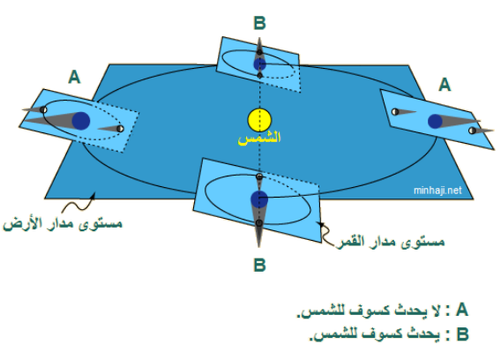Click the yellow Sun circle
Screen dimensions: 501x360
[259, 120]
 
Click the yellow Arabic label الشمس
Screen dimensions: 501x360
[259, 139]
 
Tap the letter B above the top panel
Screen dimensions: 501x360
[260, 23]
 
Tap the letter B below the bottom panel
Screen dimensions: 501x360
[260, 265]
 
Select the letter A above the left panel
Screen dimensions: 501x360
[74, 77]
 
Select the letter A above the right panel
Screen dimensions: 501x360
[445, 85]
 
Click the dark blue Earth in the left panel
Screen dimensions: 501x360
[81, 121]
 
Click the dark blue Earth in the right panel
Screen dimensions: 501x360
[435, 122]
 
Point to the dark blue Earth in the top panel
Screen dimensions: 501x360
[260, 64]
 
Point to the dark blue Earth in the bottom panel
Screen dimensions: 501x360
[259, 199]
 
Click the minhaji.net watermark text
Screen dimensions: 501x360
[437, 191]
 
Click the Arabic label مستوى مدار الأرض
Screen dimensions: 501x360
[63, 222]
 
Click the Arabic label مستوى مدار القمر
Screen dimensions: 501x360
[391, 241]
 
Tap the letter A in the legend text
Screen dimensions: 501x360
[461, 310]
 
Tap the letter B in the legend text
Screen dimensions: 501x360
[462, 334]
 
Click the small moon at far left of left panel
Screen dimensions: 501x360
[43, 110]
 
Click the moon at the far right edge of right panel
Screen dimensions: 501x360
[472, 131]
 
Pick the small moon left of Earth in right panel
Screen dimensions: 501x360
[395, 111]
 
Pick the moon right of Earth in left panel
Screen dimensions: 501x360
[120, 129]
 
